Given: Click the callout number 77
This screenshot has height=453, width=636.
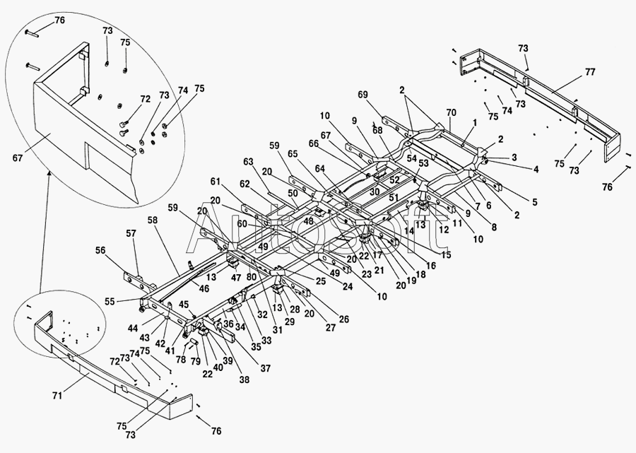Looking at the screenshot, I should point(589,73).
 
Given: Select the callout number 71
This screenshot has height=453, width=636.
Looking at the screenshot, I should point(57,395).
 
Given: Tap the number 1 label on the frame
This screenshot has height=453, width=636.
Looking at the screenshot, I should point(476,122).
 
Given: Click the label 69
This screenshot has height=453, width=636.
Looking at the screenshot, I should point(363,95).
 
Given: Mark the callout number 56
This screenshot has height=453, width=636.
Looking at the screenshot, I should point(100,250).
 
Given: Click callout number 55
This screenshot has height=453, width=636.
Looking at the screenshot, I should point(110,300).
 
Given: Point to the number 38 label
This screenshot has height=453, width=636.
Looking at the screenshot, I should point(245,379).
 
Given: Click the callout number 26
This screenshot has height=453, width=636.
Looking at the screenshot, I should point(343,319).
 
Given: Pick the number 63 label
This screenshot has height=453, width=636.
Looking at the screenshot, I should point(248,162).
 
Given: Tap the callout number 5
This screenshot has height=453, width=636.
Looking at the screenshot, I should point(534,202).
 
